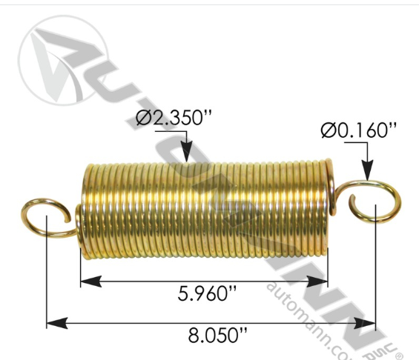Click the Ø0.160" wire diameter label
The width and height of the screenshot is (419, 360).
(359, 130)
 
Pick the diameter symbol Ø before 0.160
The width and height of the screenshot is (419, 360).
(329, 130)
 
